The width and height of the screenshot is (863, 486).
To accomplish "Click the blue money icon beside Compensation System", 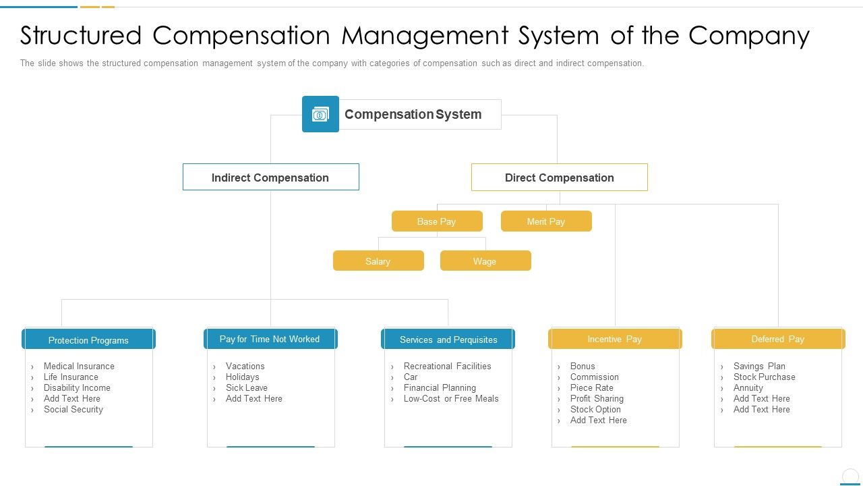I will tap(320, 114).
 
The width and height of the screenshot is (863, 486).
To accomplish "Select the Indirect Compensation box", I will tap(270, 178).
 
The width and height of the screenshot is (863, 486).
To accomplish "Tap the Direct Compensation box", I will tap(559, 178).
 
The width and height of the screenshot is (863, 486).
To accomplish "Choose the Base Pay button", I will tap(437, 221).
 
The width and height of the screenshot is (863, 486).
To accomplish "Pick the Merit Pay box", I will tap(546, 221).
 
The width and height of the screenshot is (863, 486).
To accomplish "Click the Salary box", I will tap(378, 261).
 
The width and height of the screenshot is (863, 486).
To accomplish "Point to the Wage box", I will tap(485, 261).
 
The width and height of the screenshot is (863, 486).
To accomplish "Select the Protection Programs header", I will tap(88, 340).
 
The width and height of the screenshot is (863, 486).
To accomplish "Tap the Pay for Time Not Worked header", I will tap(270, 339).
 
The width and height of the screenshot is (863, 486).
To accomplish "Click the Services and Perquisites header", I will tap(448, 340).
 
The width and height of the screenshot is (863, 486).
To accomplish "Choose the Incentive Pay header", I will tap(615, 339).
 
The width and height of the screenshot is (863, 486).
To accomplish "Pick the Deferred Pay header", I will tap(778, 339).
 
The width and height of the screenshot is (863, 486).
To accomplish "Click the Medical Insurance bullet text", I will tap(79, 366).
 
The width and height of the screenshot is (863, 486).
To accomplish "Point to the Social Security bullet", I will tap(73, 409).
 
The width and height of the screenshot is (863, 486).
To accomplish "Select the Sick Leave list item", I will tap(247, 387).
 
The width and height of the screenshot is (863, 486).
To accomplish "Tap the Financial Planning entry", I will tap(440, 387).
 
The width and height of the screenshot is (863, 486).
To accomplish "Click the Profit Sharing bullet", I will tap(597, 398).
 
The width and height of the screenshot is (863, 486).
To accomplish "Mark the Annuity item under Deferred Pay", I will tap(748, 387).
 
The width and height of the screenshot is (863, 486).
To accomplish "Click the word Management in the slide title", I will tap(425, 35).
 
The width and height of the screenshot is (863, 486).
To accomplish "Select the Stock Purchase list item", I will tap(765, 377).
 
